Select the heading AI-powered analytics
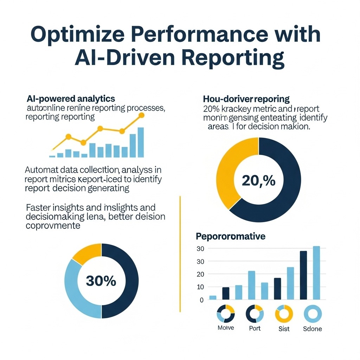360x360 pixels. [71, 98]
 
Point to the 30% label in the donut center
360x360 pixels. [101, 281]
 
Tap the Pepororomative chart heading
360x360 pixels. [230, 236]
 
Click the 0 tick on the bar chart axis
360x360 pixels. [202, 300]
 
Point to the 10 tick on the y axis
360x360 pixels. [200, 287]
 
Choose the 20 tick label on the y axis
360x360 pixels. [200, 274]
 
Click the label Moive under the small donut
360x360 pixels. [226, 328]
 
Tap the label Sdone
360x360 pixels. [312, 329]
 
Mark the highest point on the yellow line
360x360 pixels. [142, 115]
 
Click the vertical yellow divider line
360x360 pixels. [180, 253]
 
